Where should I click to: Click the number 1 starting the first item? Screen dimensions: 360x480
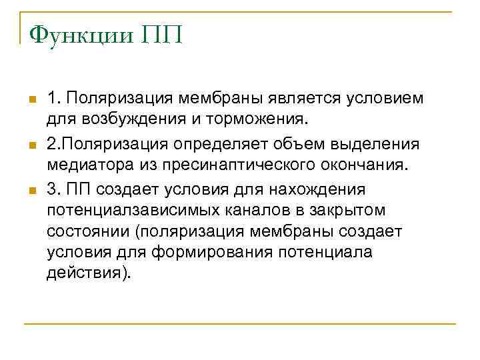point(52,99)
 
